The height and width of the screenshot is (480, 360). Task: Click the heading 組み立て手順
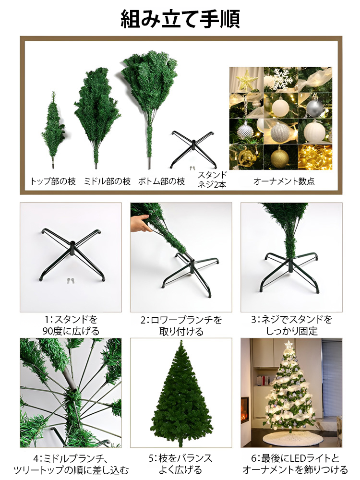180,19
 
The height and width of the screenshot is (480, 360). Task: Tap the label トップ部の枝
53,181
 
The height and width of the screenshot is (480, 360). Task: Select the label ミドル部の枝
107,181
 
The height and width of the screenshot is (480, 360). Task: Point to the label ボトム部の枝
161,181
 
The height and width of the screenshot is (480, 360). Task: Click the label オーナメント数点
280,182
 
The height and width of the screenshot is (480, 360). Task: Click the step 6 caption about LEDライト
295,463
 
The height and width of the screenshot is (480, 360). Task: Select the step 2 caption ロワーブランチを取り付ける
181,325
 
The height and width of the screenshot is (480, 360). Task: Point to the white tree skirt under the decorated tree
288,440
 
